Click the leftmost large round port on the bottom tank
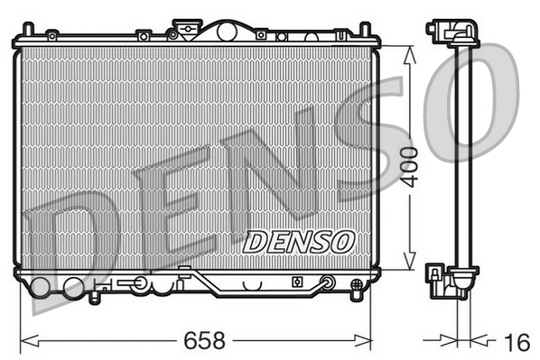point(41,289)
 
